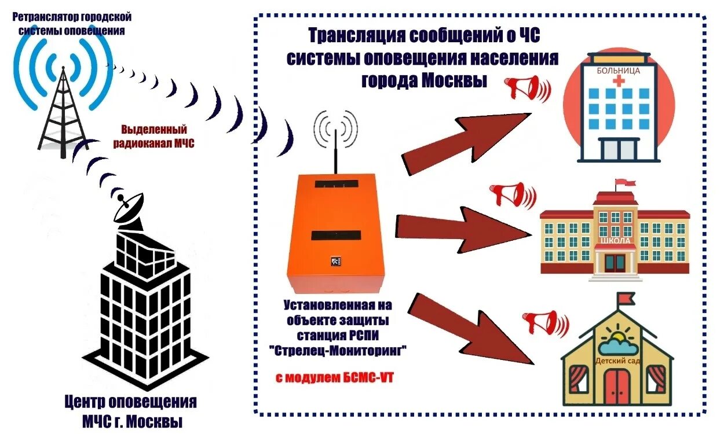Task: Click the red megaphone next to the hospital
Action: pos(525,89)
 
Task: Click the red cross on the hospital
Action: pos(619,82)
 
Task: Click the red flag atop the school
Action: pos(624,183)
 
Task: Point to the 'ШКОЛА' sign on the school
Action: pos(615,241)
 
